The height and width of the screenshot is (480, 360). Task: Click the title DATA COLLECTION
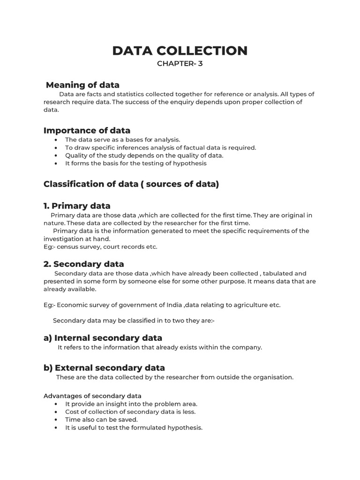pyautogui.click(x=180, y=50)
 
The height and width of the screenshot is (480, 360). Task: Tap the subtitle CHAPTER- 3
pyautogui.click(x=180, y=64)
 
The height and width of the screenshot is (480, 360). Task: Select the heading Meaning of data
pyautogui.click(x=82, y=85)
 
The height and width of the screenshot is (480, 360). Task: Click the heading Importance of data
pyautogui.click(x=87, y=130)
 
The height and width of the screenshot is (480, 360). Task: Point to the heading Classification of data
pyautogui.click(x=131, y=184)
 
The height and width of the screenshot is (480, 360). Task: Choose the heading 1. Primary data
pyautogui.click(x=77, y=206)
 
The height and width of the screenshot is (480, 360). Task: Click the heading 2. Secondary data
pyautogui.click(x=83, y=264)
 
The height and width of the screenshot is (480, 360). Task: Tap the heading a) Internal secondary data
pyautogui.click(x=103, y=338)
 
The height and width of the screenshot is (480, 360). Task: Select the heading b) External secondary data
pyautogui.click(x=104, y=368)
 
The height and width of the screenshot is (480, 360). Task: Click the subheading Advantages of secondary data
pyautogui.click(x=92, y=396)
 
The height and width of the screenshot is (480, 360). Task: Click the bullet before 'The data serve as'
pyautogui.click(x=56, y=140)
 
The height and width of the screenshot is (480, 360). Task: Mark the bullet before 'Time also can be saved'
pyautogui.click(x=56, y=420)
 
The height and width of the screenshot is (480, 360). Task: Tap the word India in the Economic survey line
pyautogui.click(x=174, y=305)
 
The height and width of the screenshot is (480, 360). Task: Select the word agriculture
pyautogui.click(x=251, y=305)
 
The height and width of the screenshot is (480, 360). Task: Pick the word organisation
pyautogui.click(x=273, y=377)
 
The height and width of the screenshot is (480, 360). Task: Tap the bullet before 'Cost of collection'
pyautogui.click(x=56, y=412)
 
